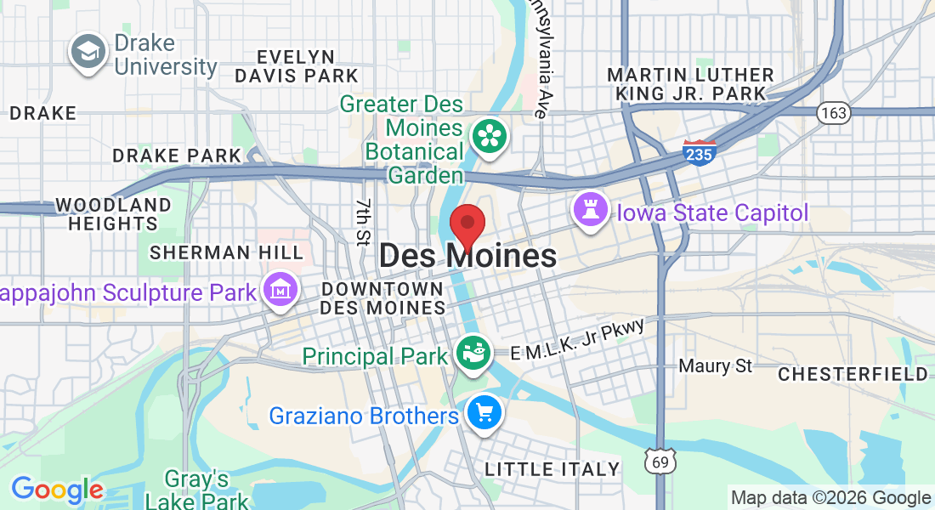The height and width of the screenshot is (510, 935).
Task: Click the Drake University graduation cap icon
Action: click(88, 53)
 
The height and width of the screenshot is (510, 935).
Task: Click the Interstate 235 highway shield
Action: click(699, 152)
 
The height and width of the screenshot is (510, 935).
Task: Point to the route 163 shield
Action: click(831, 112)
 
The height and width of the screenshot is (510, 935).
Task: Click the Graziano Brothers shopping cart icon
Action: click(484, 414)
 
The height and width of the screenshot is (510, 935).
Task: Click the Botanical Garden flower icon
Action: click(490, 136)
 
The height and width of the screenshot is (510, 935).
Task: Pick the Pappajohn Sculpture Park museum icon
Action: click(280, 290)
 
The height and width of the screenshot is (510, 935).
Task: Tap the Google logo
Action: click(57, 490)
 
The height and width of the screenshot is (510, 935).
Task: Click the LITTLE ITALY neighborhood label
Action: click(552, 468)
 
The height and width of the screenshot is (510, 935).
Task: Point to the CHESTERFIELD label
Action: click(853, 374)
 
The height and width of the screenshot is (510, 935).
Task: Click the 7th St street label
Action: click(365, 220)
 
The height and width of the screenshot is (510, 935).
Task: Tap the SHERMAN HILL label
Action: click(226, 252)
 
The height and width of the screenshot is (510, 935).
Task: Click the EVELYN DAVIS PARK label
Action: click(297, 66)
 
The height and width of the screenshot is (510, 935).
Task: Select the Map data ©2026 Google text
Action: click(830, 498)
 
